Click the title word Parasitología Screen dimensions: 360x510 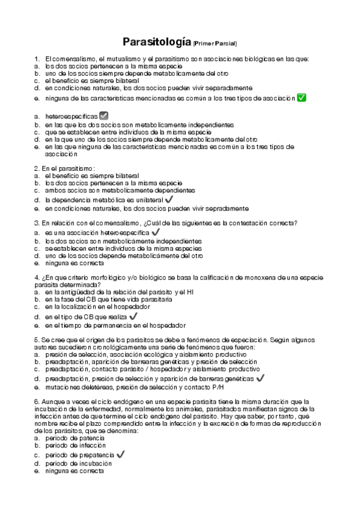(157, 42)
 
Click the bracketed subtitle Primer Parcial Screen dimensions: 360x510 (215, 43)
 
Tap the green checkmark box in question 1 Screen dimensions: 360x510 (302, 97)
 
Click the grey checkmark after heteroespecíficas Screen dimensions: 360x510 (103, 115)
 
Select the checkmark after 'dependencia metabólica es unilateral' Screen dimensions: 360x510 (169, 199)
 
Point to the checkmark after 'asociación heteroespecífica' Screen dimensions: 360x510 (156, 232)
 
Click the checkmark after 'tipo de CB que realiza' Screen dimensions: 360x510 (133, 315)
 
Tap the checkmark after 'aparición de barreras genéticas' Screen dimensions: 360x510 (260, 378)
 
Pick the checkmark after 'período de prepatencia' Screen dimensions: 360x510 (120, 455)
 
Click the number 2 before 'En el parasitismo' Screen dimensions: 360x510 (36, 168)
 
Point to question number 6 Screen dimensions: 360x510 (36, 401)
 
